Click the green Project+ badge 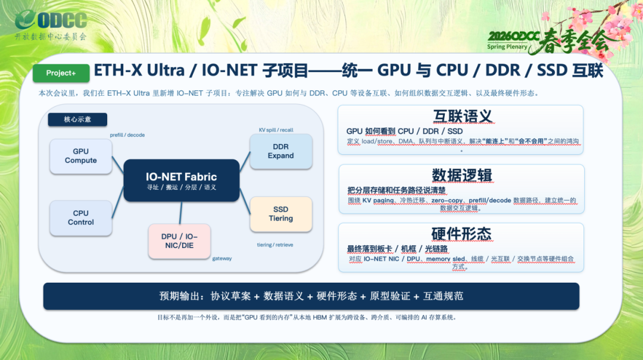61,73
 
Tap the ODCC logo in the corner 51,24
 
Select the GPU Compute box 81,156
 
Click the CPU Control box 81,218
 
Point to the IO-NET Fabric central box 181,180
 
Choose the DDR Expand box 281,151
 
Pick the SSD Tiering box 281,214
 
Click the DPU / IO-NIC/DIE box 179,241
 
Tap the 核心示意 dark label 77,120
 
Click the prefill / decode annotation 127,135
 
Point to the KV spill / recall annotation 276,130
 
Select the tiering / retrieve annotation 274,245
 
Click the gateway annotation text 222,258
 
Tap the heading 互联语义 463,117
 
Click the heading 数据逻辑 462,176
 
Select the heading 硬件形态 461,234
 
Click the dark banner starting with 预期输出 311,296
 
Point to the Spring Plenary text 507,47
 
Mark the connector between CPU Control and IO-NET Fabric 118,202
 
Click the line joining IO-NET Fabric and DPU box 180,213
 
